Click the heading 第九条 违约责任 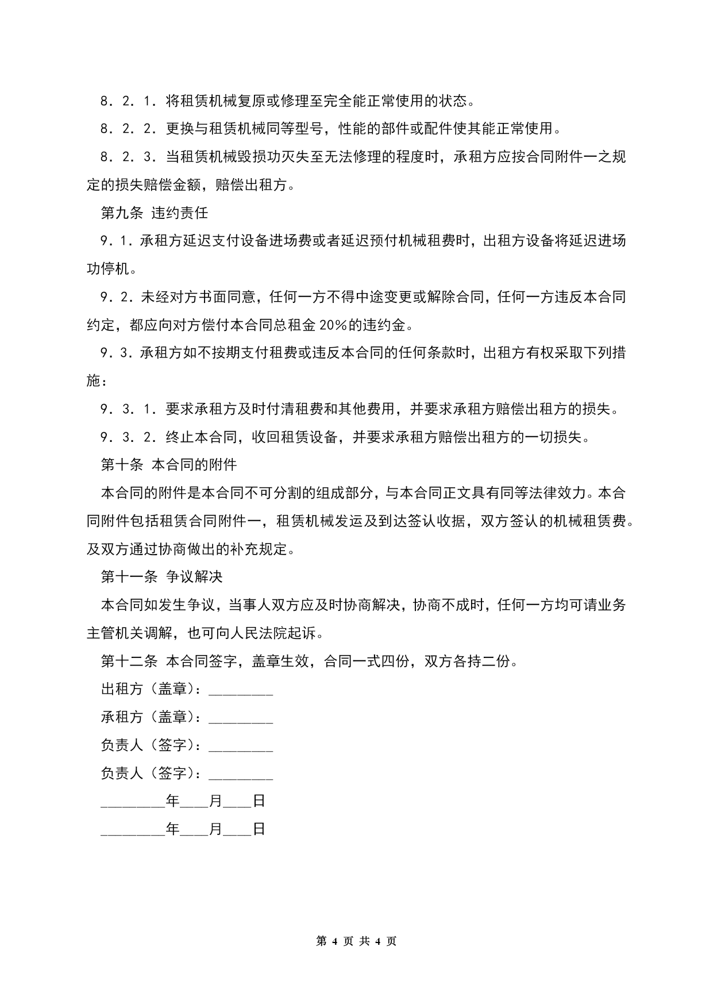(154, 213)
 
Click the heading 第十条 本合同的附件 (168, 465)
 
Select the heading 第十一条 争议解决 (161, 576)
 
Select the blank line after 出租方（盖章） (241, 690)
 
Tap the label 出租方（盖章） (151, 689)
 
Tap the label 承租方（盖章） (151, 717)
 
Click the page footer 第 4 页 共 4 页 (356, 942)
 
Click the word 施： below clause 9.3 (97, 381)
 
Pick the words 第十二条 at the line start (129, 661)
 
